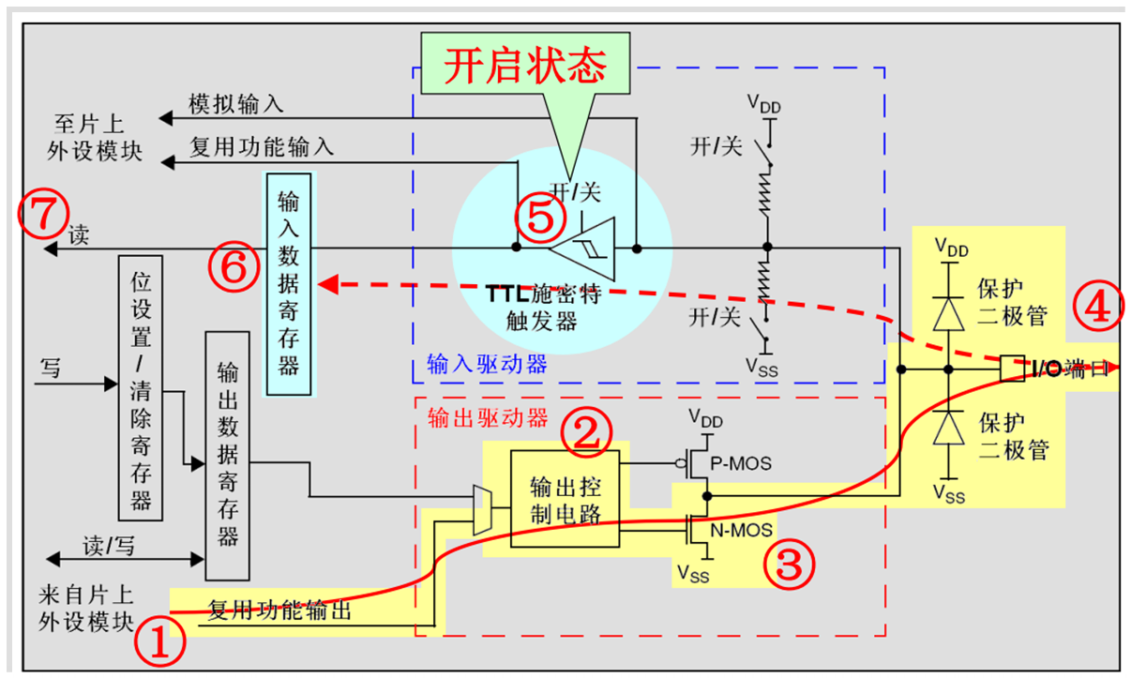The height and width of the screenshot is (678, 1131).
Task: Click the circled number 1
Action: pyautogui.click(x=158, y=642)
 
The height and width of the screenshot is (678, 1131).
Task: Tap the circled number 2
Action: pyautogui.click(x=586, y=431)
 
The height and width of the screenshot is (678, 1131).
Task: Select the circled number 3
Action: pyautogui.click(x=786, y=563)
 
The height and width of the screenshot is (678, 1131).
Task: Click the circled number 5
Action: pyautogui.click(x=540, y=218)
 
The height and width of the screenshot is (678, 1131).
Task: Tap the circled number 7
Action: pyautogui.click(x=42, y=216)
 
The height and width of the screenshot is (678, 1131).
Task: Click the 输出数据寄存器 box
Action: pyautogui.click(x=227, y=455)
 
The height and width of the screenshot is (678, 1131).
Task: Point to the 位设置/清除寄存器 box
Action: pyautogui.click(x=141, y=386)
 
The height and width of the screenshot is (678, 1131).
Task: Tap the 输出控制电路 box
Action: pyautogui.click(x=565, y=499)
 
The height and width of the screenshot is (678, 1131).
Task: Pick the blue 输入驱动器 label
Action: pyautogui.click(x=487, y=363)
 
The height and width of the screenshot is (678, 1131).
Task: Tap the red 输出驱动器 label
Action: pyautogui.click(x=487, y=418)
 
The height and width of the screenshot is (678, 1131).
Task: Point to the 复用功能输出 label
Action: pyautogui.click(x=279, y=611)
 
